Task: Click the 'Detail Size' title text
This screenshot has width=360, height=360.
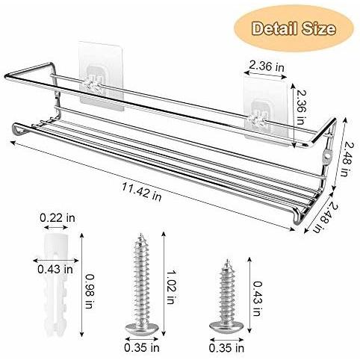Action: [x=294, y=28]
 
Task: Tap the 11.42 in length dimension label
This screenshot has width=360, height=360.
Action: [x=142, y=191]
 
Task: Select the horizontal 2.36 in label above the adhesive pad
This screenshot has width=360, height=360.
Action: [x=267, y=66]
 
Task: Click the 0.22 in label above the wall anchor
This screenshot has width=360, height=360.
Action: [x=58, y=218]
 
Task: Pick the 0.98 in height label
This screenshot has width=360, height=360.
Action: [x=90, y=291]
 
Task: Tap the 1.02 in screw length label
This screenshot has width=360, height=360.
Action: [x=170, y=288]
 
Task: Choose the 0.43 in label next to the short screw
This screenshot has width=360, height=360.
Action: [x=257, y=299]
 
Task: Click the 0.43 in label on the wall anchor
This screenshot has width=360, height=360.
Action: [x=55, y=270]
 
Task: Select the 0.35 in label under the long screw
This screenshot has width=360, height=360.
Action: [x=142, y=348]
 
